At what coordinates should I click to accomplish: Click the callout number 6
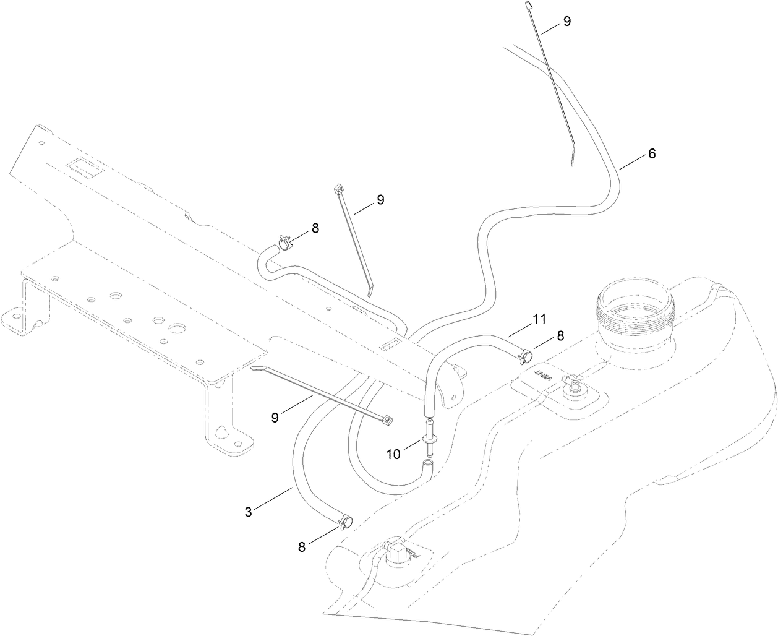coord(651,154)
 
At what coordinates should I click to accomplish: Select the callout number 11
coord(539,319)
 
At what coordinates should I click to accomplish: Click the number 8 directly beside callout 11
coord(560,336)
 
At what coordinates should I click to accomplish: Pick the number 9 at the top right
coord(566,21)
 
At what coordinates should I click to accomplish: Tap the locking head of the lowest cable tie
coord(388,420)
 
